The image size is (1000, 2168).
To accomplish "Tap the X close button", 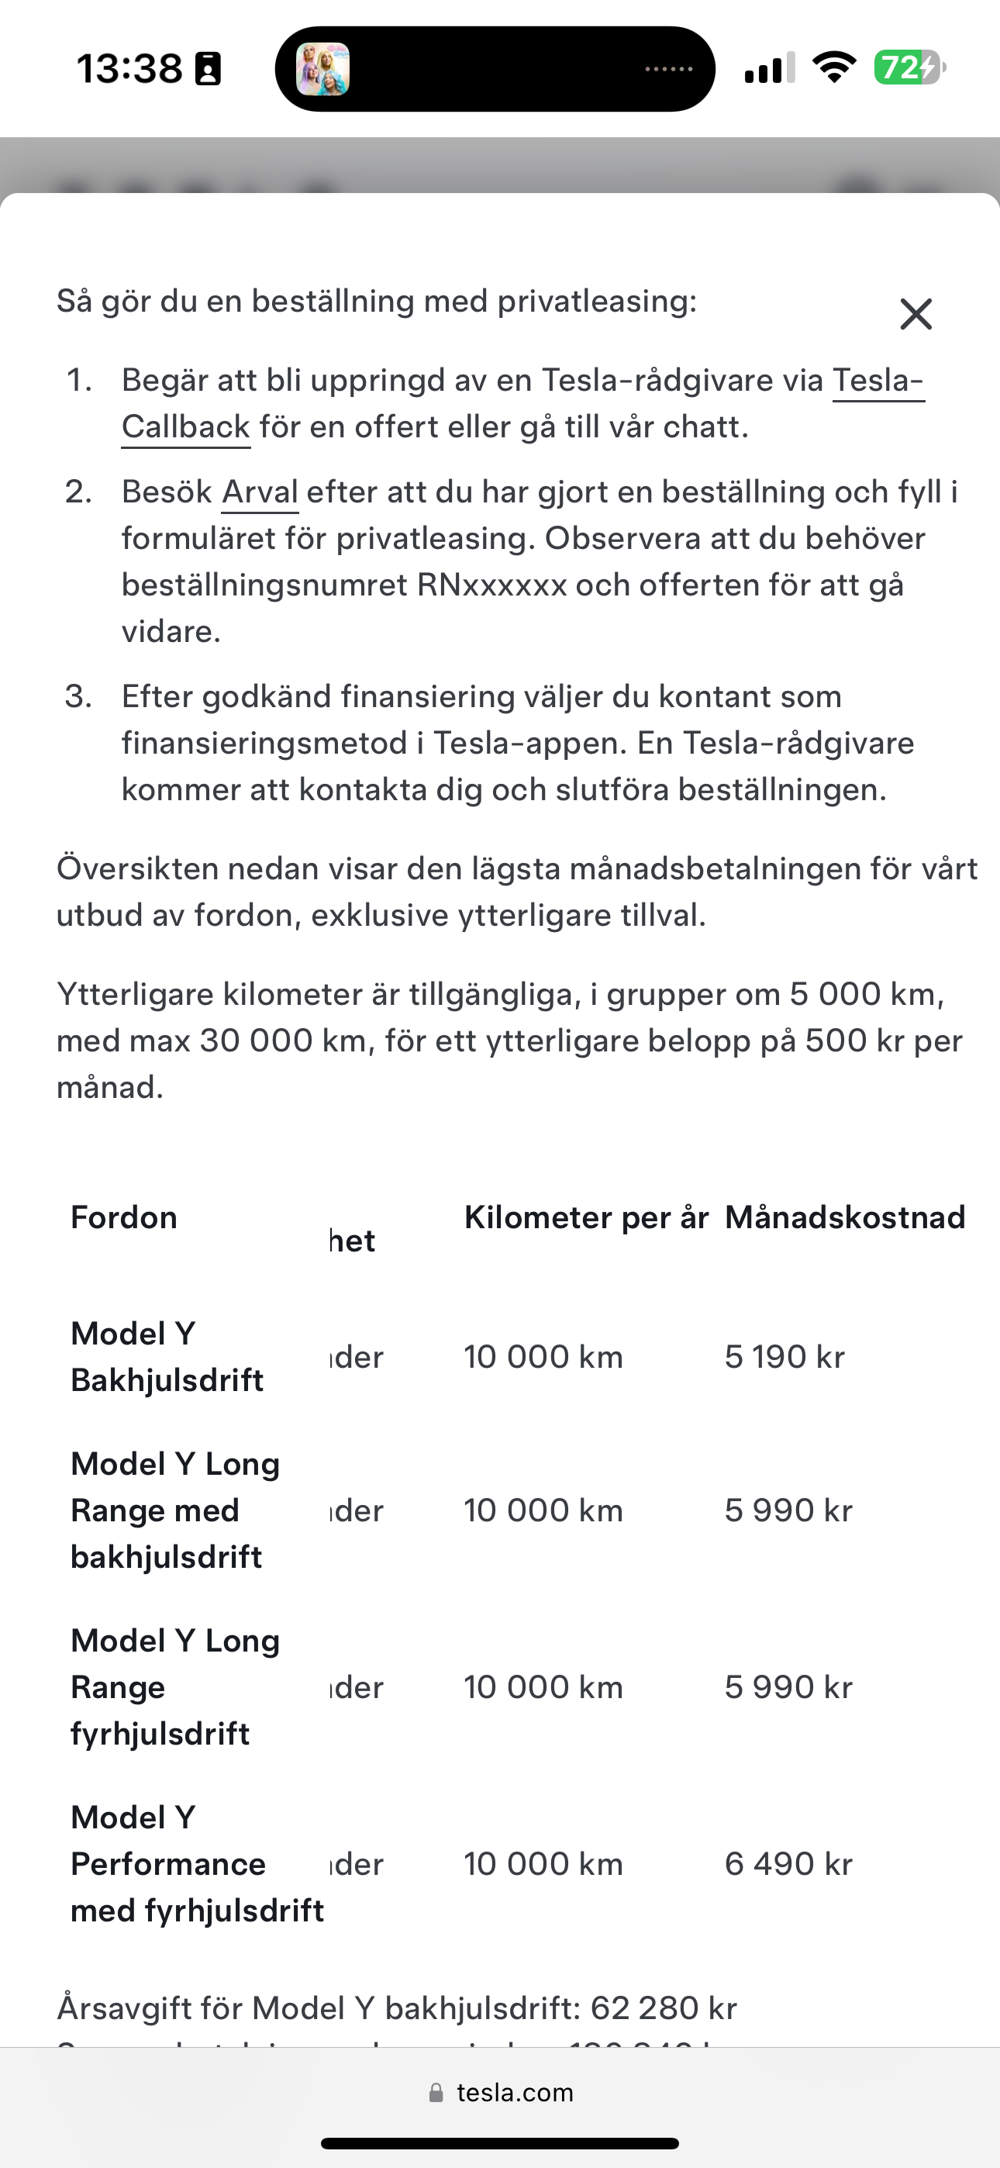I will (x=916, y=314).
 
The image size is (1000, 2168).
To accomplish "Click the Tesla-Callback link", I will (x=185, y=426).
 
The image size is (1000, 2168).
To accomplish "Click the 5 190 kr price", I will (x=784, y=1357).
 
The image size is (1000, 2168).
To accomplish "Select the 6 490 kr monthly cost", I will (x=788, y=1863).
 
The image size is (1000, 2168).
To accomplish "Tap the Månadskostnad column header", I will (x=844, y=1217).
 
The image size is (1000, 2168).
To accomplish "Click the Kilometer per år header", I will (x=586, y=1217).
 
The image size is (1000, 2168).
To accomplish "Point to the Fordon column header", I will (x=124, y=1217).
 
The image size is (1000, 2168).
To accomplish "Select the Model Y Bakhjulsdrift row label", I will (x=167, y=1357).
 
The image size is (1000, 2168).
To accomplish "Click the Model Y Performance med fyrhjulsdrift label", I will (x=196, y=1863).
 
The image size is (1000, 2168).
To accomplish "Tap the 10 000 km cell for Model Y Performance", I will (x=543, y=1863).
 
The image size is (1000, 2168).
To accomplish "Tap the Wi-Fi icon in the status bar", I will (x=833, y=67).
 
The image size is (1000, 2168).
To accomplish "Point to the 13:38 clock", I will (x=129, y=68).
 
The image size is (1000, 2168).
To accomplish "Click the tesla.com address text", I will (x=514, y=2092).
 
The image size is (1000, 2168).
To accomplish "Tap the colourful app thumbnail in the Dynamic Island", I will (x=323, y=69).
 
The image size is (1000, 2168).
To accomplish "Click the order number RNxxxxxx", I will (x=491, y=584).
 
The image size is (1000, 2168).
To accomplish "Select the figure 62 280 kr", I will (x=664, y=2008).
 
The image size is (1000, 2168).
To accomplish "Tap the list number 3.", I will (x=78, y=696).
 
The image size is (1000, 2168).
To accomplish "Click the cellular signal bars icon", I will (x=769, y=67).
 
